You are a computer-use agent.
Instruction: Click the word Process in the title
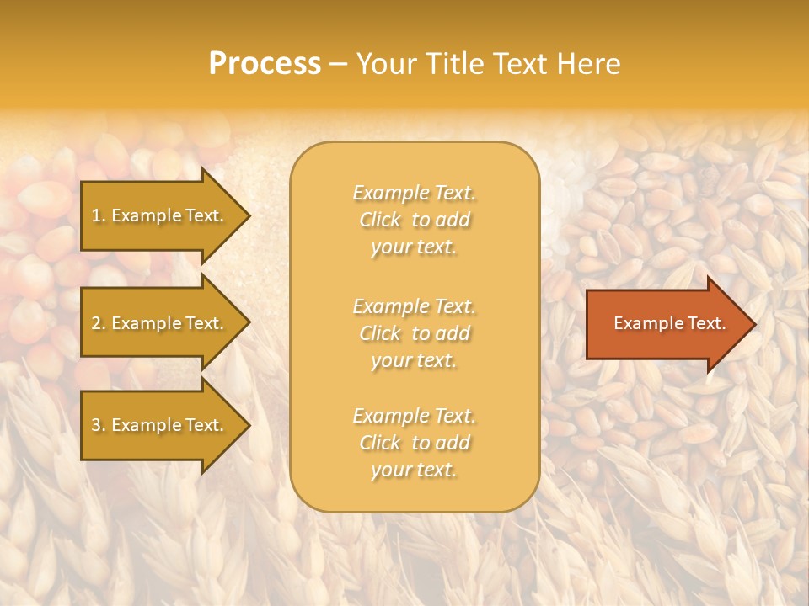tap(265, 64)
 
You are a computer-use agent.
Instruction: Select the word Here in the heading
tap(588, 64)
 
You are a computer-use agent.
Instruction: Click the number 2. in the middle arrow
tap(99, 323)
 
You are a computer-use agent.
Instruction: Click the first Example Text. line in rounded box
tap(414, 193)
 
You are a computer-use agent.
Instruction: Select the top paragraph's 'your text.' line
tap(414, 247)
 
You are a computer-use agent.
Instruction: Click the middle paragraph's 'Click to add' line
tap(414, 333)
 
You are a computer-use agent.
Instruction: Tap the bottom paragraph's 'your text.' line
tap(414, 470)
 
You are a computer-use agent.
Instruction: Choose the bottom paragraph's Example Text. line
tap(414, 416)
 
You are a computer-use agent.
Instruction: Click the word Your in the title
tap(388, 64)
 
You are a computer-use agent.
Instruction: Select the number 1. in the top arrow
tap(99, 215)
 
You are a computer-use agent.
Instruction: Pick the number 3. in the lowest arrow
tap(99, 425)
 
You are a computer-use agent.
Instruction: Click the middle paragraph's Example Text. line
tap(414, 306)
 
